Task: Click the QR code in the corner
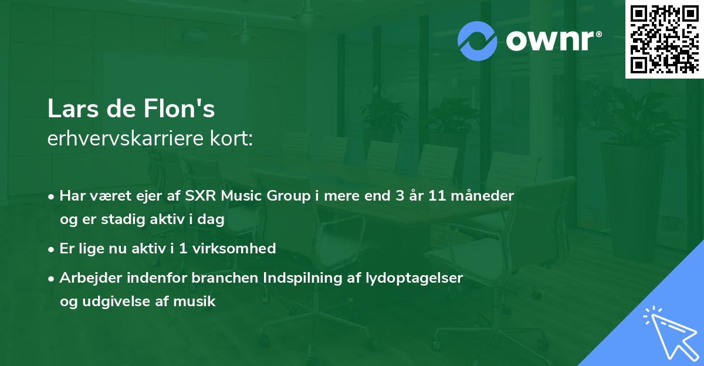point(664,39)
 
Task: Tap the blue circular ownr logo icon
point(478,41)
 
